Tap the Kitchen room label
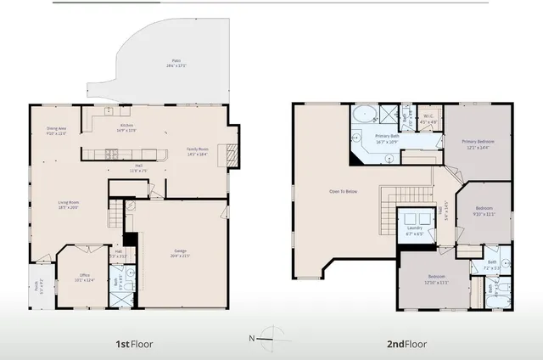click(x=126, y=128)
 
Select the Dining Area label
click(x=56, y=131)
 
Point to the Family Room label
click(x=199, y=153)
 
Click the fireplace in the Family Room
click(x=227, y=155)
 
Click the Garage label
click(x=180, y=253)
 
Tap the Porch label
click(x=36, y=285)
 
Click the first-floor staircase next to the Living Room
click(x=115, y=219)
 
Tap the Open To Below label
click(x=344, y=192)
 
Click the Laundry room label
click(x=414, y=229)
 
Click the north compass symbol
click(x=270, y=338)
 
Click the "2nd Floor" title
click(x=403, y=344)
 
